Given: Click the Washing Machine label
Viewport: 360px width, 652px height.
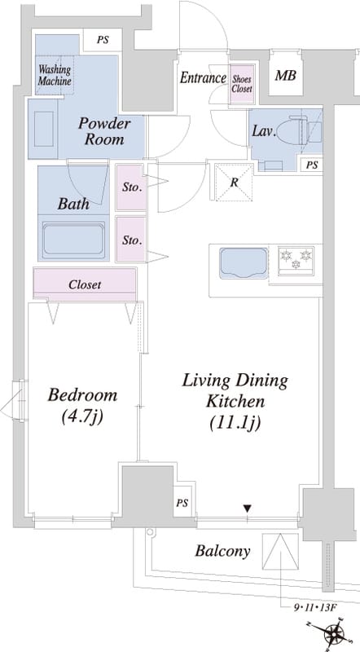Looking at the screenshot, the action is point(55,75).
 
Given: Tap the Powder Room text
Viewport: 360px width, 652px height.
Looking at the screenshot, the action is point(104,131).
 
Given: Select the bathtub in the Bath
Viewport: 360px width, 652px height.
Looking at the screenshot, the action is point(73,240).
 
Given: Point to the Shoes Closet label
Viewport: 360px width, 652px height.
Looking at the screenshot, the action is point(242,84).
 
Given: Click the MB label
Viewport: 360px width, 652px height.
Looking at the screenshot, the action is point(286,76).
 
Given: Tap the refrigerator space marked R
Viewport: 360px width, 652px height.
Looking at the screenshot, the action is point(234,182).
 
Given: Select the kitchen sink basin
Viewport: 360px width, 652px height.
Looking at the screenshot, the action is point(244,262).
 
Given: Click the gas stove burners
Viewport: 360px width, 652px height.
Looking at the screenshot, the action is point(296,258).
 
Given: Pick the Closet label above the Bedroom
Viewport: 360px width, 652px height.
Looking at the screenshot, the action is point(85,284).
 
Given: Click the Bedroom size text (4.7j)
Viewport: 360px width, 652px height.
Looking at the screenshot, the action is point(82,416).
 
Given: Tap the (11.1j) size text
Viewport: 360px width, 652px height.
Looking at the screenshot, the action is point(235,423).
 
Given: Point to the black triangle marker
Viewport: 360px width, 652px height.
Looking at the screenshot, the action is point(248,508).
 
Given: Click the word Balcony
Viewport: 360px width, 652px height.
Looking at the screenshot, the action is point(223,552).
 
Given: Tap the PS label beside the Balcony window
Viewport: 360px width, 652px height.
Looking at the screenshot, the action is point(182,503).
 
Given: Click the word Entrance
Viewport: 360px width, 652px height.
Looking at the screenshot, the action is point(203,77).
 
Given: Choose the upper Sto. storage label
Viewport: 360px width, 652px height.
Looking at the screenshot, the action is point(132,187).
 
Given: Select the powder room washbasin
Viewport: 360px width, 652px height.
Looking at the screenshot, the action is point(43,129).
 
